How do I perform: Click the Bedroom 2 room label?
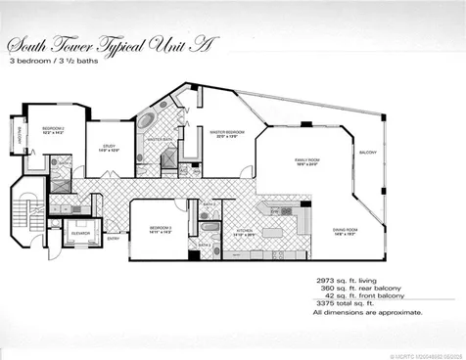(52, 131)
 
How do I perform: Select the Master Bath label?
(161, 140)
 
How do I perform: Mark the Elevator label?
(82, 233)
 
